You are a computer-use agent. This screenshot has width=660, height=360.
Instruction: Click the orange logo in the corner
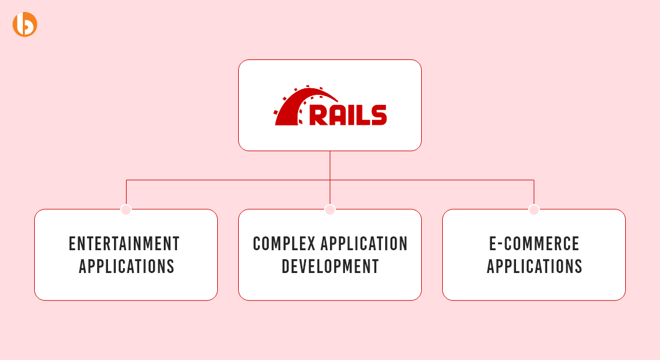pyautogui.click(x=25, y=25)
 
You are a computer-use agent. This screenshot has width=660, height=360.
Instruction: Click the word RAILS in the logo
pyautogui.click(x=348, y=115)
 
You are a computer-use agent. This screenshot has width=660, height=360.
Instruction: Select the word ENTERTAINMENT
pyautogui.click(x=124, y=244)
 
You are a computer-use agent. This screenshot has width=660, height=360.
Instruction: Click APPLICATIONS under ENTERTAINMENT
pyautogui.click(x=126, y=266)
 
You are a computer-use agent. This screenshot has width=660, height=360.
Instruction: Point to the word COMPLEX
pyautogui.click(x=284, y=244)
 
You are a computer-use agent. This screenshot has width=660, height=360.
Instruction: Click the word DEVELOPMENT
pyautogui.click(x=330, y=266)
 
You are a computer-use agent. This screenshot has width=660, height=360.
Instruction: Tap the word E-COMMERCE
pyautogui.click(x=534, y=244)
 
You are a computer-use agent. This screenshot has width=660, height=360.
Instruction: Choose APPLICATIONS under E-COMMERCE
pyautogui.click(x=535, y=266)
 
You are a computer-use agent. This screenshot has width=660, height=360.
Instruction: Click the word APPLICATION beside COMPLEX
pyautogui.click(x=364, y=244)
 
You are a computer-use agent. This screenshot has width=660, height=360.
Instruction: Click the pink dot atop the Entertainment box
pyautogui.click(x=126, y=209)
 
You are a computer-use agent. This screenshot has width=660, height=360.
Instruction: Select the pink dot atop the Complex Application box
pyautogui.click(x=330, y=209)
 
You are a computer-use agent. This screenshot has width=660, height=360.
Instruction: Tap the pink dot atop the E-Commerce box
pyautogui.click(x=534, y=209)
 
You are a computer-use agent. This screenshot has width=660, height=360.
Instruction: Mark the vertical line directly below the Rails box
pyautogui.click(x=330, y=178)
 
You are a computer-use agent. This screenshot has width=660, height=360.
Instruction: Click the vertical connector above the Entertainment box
pyautogui.click(x=126, y=192)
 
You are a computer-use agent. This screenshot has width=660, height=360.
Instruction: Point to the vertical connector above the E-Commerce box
pyautogui.click(x=534, y=192)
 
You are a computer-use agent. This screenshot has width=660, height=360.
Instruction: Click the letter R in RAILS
pyautogui.click(x=319, y=115)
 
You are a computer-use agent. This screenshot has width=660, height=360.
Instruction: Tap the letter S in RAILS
pyautogui.click(x=379, y=115)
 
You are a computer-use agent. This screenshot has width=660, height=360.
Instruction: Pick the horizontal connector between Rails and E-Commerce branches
pyautogui.click(x=432, y=180)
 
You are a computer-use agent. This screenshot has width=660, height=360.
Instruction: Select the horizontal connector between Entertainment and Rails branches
pyautogui.click(x=228, y=180)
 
